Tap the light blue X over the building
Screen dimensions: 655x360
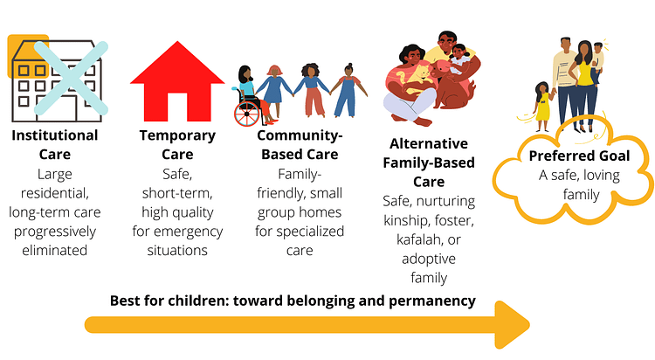point(71,78)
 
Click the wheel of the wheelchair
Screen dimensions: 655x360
point(247,114)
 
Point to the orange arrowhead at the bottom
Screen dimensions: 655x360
point(512,324)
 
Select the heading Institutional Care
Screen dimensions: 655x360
point(55,145)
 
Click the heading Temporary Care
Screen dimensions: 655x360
point(177,145)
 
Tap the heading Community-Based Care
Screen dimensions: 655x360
point(300,145)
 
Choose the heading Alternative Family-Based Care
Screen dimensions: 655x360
point(429,163)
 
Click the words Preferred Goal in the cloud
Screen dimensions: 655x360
point(579,156)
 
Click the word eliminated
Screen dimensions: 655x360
point(55,250)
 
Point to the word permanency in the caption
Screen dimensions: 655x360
point(432,301)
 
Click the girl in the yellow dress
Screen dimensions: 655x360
point(542,107)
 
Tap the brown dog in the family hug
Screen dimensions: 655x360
point(452,87)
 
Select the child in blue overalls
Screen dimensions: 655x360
point(347,91)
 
